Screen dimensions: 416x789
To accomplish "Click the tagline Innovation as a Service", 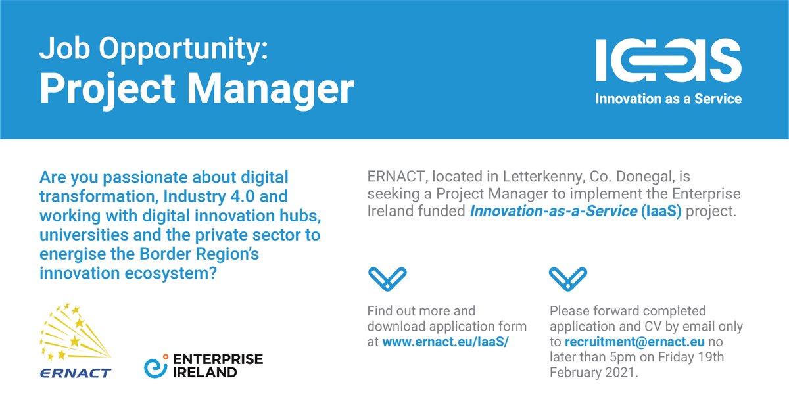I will click(x=668, y=99).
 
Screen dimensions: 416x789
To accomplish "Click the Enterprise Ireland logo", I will click(x=203, y=365).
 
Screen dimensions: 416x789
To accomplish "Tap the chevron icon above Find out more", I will click(x=387, y=279).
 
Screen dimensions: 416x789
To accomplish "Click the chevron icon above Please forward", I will click(x=568, y=279).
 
